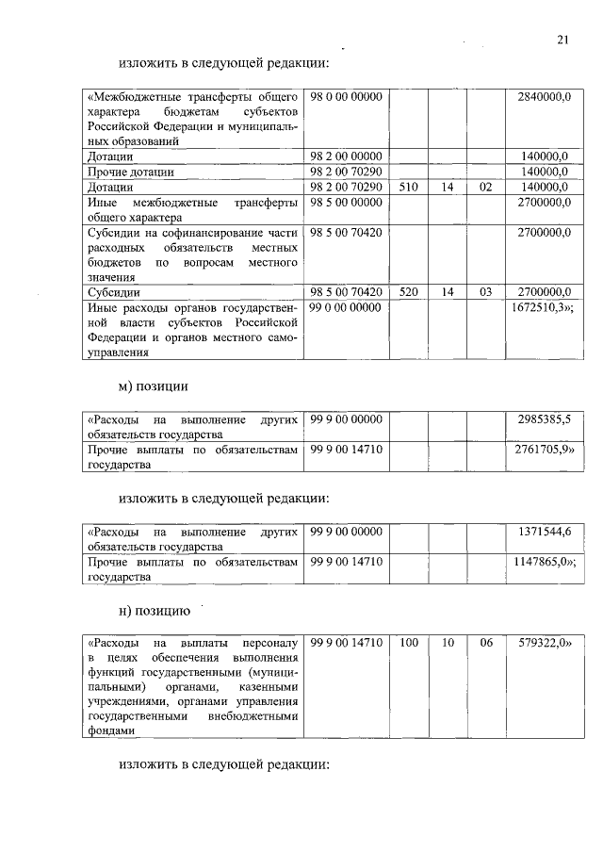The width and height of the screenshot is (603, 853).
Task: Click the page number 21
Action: point(562,40)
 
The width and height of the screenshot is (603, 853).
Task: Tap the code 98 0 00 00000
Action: point(345,97)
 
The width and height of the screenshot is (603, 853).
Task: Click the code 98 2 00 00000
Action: point(345,156)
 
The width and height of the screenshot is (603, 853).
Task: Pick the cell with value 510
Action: point(408,187)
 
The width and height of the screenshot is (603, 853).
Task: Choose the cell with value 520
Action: point(408,292)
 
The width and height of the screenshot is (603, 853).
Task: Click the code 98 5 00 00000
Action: point(345,203)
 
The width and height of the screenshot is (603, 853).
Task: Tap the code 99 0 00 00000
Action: point(345,307)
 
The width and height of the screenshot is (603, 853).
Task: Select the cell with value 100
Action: point(408,643)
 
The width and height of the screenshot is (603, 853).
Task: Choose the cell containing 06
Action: point(485,643)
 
